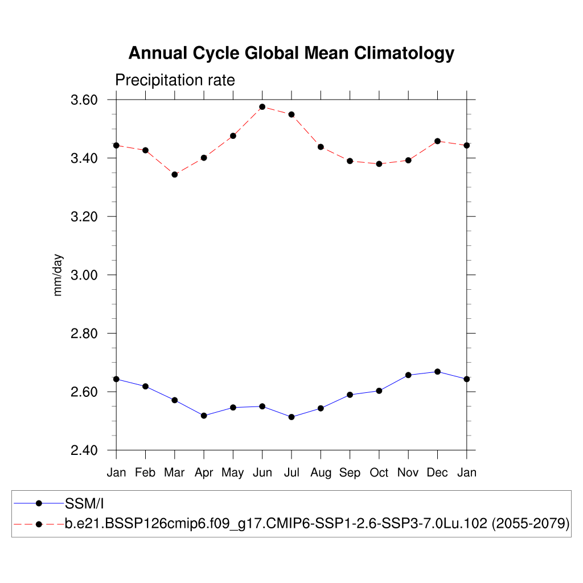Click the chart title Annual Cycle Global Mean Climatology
pyautogui.click(x=291, y=53)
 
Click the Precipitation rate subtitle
pyautogui.click(x=175, y=80)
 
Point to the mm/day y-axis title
pyautogui.click(x=58, y=275)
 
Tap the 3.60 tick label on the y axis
pyautogui.click(x=84, y=100)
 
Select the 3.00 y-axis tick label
pyautogui.click(x=84, y=275)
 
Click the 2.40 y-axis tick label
pyautogui.click(x=84, y=450)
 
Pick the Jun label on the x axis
pyautogui.click(x=262, y=473)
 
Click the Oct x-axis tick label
pyautogui.click(x=379, y=473)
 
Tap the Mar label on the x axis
pyautogui.click(x=175, y=473)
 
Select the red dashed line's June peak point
pyautogui.click(x=262, y=106)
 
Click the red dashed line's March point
pyautogui.click(x=175, y=174)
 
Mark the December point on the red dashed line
pyautogui.click(x=437, y=141)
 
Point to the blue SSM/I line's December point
pyautogui.click(x=437, y=372)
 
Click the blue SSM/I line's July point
pyautogui.click(x=291, y=417)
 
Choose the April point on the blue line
pyautogui.click(x=204, y=416)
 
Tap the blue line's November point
pyautogui.click(x=408, y=375)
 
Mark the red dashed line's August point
pyautogui.click(x=321, y=147)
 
